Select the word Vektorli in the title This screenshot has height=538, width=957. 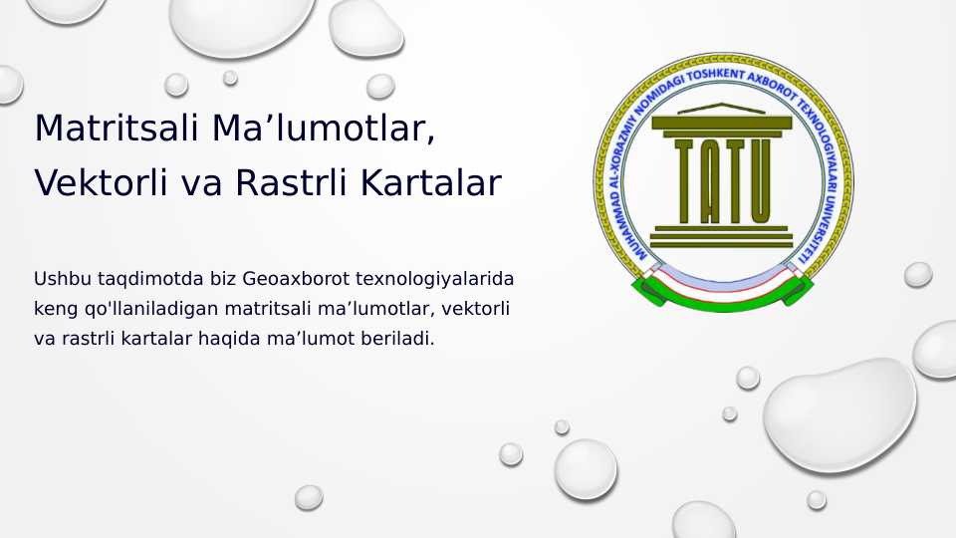pyautogui.click(x=96, y=183)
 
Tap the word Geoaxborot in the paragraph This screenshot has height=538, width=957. pyautogui.click(x=288, y=278)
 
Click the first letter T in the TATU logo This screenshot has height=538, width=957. pyautogui.click(x=684, y=179)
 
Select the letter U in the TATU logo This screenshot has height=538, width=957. pyautogui.click(x=758, y=179)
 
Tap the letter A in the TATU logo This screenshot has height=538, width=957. pyautogui.click(x=709, y=179)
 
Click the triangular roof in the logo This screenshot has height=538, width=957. pyautogui.click(x=722, y=109)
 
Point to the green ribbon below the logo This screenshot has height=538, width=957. pyautogui.click(x=723, y=291)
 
